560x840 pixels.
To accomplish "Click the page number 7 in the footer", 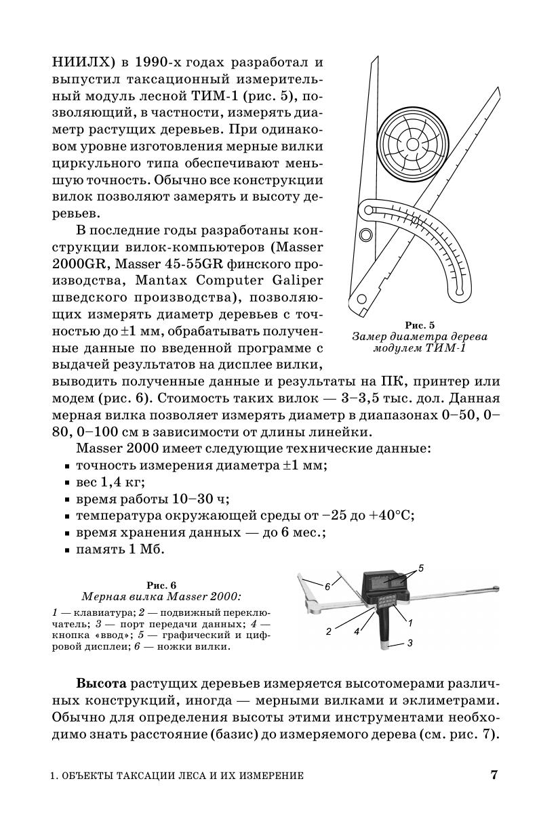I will click(x=494, y=775).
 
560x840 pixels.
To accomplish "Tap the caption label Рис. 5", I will click(x=420, y=325).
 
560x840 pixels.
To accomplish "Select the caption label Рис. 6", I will click(x=161, y=585).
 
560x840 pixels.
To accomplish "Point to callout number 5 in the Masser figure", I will click(x=421, y=568).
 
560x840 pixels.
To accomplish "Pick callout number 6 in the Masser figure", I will click(x=327, y=587).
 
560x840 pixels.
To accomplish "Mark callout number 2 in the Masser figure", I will click(x=328, y=631).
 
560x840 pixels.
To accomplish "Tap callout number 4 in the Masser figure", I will click(x=356, y=632).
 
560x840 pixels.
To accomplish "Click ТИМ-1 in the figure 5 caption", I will click(x=445, y=348).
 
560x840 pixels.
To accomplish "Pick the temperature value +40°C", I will click(x=391, y=516).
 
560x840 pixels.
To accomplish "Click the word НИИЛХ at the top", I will click(x=78, y=62).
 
